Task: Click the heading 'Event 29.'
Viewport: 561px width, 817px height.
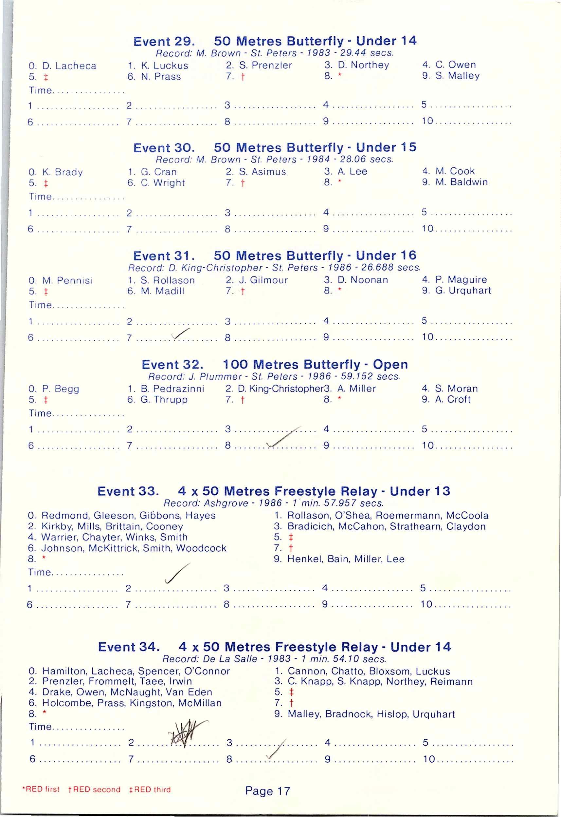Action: point(164,42)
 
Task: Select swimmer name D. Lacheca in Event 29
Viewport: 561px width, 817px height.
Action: point(69,66)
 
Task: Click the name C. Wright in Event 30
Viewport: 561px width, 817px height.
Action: point(163,183)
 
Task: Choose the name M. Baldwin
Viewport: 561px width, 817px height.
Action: point(461,182)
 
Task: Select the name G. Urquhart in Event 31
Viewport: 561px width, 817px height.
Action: point(463,291)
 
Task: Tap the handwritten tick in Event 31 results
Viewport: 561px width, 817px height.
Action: point(181,334)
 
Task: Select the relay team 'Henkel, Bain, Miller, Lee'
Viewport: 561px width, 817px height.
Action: point(346,559)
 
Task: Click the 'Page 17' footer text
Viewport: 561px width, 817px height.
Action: point(267,791)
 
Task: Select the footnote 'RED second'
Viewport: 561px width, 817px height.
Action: point(96,789)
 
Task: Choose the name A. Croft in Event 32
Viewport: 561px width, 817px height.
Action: point(452,400)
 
